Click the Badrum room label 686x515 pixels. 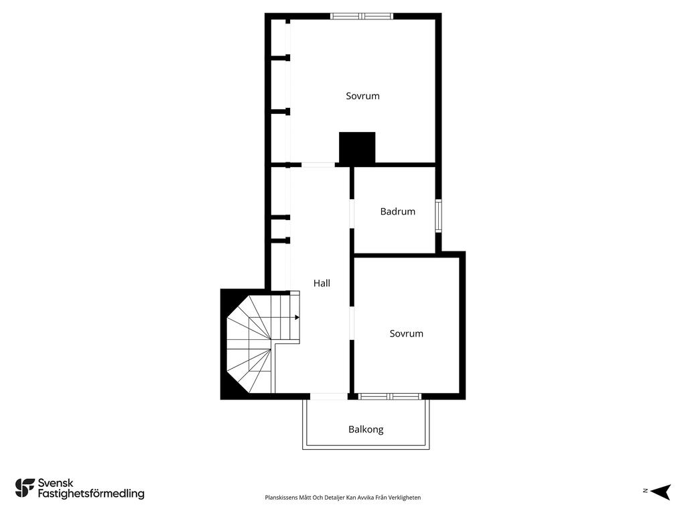pyautogui.click(x=397, y=211)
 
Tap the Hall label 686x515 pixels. pyautogui.click(x=322, y=284)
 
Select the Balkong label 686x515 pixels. pyautogui.click(x=366, y=430)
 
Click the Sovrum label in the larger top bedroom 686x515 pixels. pyautogui.click(x=362, y=96)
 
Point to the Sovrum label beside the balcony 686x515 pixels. pyautogui.click(x=407, y=334)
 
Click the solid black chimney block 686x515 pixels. pyautogui.click(x=357, y=148)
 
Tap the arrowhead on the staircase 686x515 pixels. pyautogui.click(x=297, y=317)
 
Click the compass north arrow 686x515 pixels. pyautogui.click(x=661, y=492)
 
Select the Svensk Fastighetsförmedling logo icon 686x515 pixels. pyautogui.click(x=25, y=488)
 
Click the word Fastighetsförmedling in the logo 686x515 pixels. pyautogui.click(x=91, y=494)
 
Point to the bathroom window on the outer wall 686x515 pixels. pyautogui.click(x=438, y=215)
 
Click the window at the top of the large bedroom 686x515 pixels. pyautogui.click(x=361, y=17)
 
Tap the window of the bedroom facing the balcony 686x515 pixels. pyautogui.click(x=389, y=397)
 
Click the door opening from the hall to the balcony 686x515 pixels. pyautogui.click(x=328, y=397)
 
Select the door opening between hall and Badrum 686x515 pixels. pyautogui.click(x=351, y=214)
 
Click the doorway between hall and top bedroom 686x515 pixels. pyautogui.click(x=318, y=165)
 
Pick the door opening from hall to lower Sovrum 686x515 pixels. pyautogui.click(x=351, y=323)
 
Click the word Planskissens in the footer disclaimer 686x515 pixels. pyautogui.click(x=281, y=498)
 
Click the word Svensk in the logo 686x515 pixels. pyautogui.click(x=56, y=483)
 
